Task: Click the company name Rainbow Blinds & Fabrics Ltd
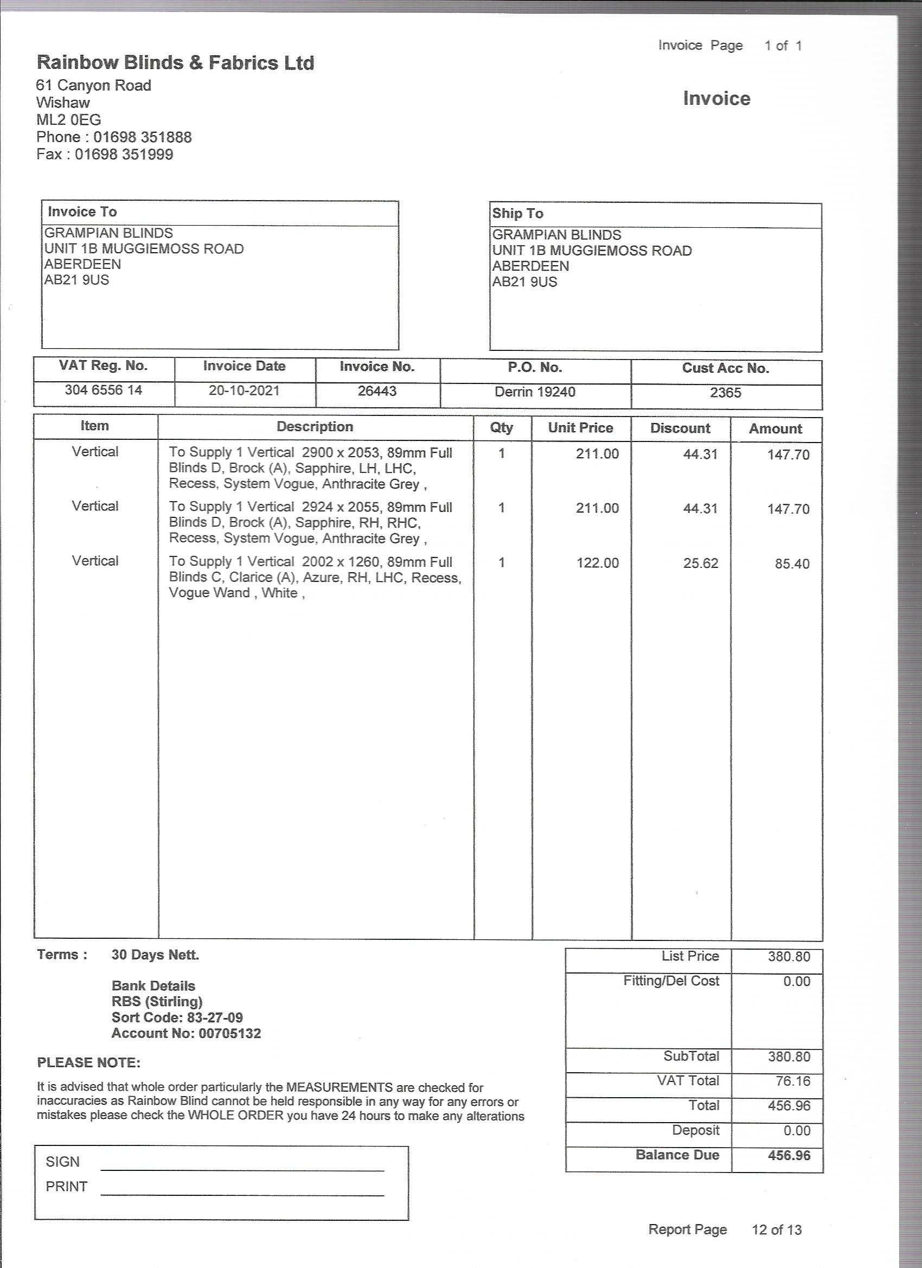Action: (x=175, y=62)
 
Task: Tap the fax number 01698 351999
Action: (x=124, y=155)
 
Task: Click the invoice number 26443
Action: (x=377, y=391)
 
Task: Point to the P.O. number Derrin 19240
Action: (x=535, y=392)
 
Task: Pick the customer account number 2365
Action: (x=725, y=393)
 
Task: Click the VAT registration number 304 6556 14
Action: (x=104, y=390)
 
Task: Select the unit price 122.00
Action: (x=597, y=563)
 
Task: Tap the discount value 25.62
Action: (x=700, y=563)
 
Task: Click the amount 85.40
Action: (x=792, y=563)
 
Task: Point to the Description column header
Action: (x=315, y=427)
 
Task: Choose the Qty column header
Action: (x=501, y=428)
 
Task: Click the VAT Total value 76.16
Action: (x=792, y=1081)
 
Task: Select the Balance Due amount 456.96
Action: (x=789, y=1155)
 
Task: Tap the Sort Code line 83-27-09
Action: (x=177, y=1017)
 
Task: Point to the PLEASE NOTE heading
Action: (x=89, y=1063)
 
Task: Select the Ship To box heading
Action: (x=518, y=214)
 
